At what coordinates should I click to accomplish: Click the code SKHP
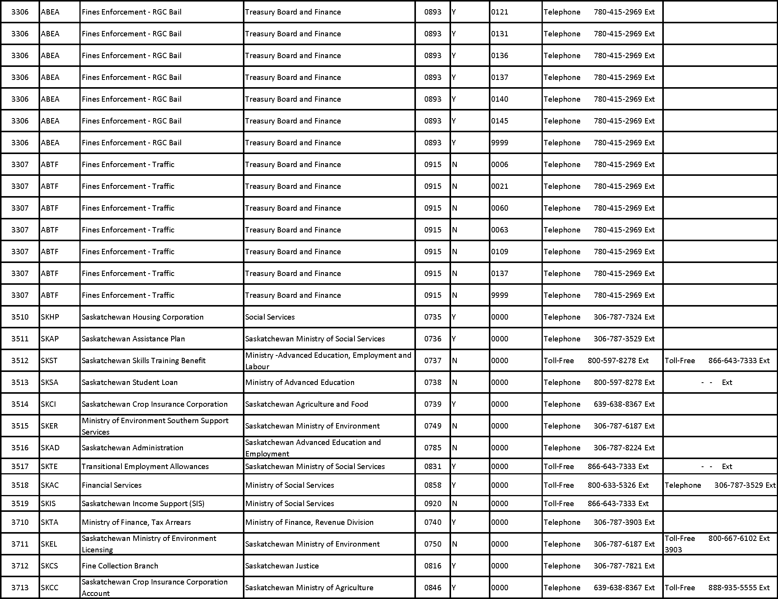click(50, 317)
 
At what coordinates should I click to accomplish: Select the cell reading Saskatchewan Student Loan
click(129, 382)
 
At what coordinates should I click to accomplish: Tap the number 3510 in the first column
click(20, 317)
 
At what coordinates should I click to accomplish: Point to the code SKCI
click(49, 404)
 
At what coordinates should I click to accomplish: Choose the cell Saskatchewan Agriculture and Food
click(306, 404)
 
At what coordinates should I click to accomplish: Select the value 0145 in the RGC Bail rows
click(500, 121)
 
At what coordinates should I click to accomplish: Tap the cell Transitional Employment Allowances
click(145, 466)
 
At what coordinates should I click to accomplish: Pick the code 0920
click(433, 503)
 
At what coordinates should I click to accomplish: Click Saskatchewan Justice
click(282, 566)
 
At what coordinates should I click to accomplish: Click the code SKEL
click(49, 544)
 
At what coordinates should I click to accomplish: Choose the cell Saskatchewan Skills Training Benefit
click(144, 360)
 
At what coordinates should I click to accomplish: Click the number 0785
click(433, 448)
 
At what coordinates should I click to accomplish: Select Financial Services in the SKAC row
click(112, 485)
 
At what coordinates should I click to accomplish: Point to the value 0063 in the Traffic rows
click(500, 230)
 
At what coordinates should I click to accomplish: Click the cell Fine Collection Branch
click(120, 566)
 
